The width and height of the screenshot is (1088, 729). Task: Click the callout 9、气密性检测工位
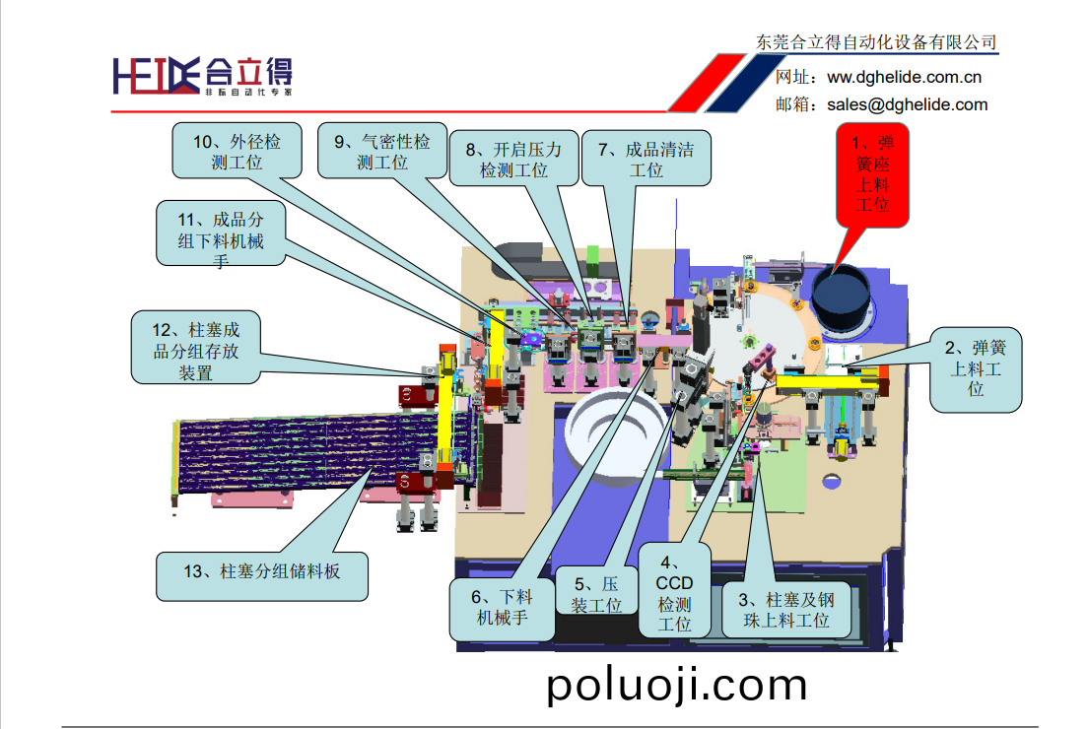(381, 152)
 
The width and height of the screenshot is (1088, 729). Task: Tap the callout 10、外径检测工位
(237, 152)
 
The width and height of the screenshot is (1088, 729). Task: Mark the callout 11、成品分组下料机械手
(222, 233)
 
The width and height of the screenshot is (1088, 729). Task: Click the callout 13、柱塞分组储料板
(263, 570)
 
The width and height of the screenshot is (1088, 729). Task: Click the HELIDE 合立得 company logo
(202, 75)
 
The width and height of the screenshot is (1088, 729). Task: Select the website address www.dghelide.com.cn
(904, 77)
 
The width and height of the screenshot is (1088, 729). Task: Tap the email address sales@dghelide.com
(907, 104)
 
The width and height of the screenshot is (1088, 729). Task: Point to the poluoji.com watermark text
(677, 685)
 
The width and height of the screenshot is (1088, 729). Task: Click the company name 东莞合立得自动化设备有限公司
(875, 42)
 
